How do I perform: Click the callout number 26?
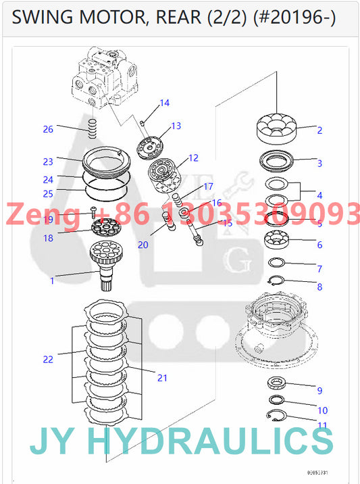(x=47, y=129)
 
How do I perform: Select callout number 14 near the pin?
(x=164, y=103)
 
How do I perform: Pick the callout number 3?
(x=319, y=163)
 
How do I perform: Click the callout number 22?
(x=47, y=360)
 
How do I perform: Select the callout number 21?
(x=162, y=377)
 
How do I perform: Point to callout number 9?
(x=319, y=391)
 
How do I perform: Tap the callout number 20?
(x=143, y=245)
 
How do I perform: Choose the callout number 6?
(x=319, y=245)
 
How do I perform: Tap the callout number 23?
(x=47, y=162)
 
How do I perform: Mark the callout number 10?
(x=322, y=410)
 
